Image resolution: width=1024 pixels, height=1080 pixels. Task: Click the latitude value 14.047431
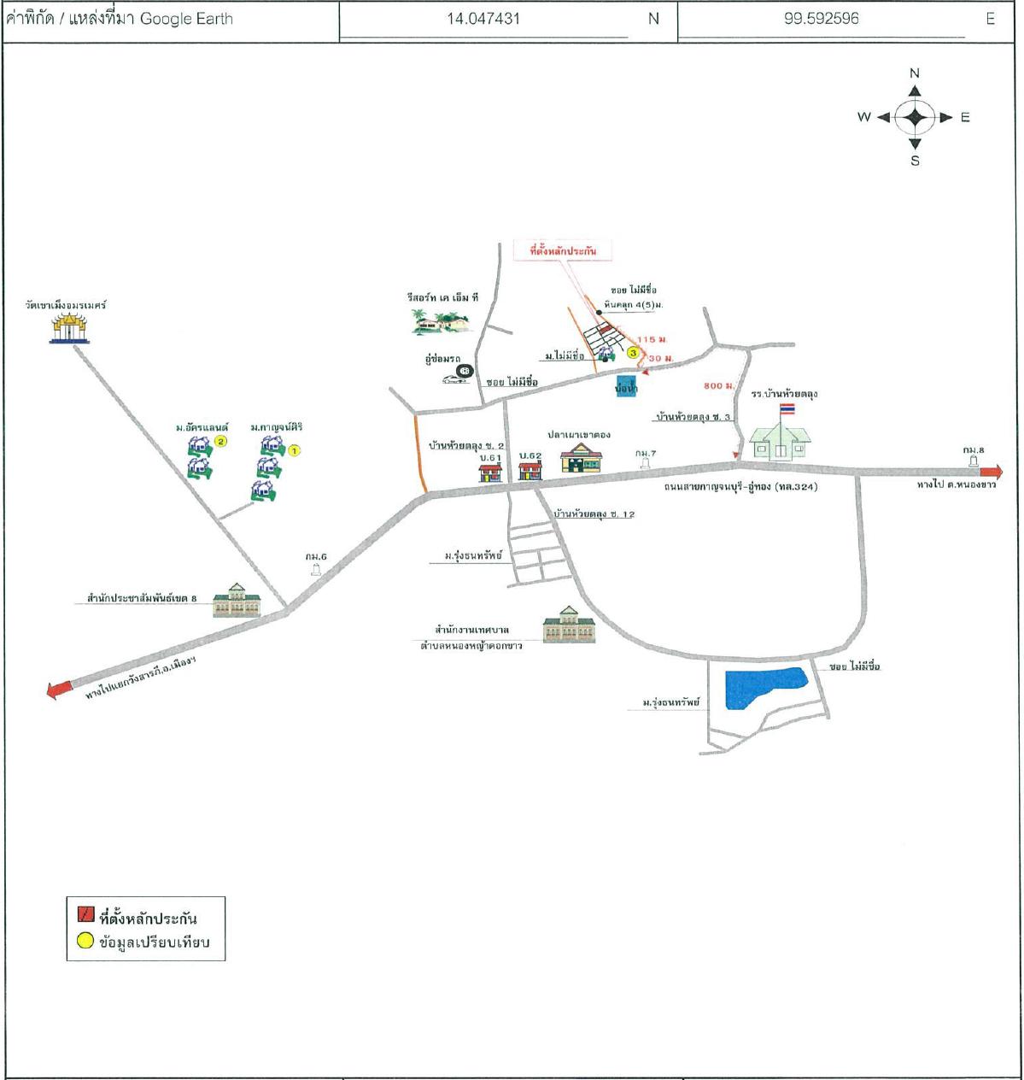click(x=483, y=19)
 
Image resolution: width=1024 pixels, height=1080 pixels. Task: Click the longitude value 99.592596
click(x=821, y=19)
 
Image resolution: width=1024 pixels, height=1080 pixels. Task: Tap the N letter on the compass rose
click(x=915, y=73)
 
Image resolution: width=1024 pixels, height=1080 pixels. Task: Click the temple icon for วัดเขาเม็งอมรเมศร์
click(x=69, y=328)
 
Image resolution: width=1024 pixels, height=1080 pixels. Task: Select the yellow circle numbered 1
click(x=295, y=449)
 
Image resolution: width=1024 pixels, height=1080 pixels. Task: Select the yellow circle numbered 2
click(x=220, y=442)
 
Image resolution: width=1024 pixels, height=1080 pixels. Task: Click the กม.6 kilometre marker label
click(x=316, y=556)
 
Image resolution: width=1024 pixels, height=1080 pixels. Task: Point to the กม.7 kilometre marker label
click(x=646, y=452)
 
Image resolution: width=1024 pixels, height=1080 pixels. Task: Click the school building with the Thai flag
click(x=781, y=437)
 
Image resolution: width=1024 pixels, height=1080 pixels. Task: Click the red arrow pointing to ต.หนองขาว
click(x=992, y=472)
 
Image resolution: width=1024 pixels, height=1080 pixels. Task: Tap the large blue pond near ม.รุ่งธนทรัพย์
click(x=765, y=688)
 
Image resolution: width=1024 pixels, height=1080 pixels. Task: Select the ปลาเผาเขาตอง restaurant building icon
click(x=581, y=458)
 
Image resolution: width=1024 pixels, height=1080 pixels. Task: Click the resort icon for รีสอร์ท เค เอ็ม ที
click(x=439, y=320)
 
